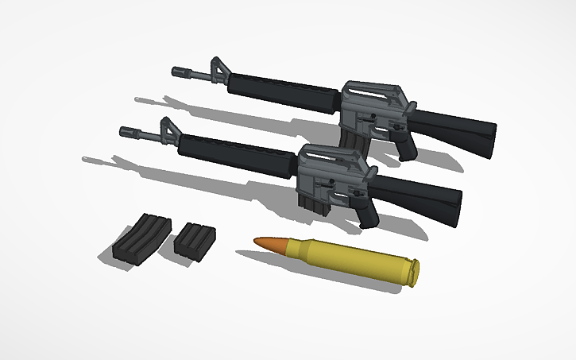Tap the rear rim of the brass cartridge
coord(413,273)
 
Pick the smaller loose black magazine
coord(193,239)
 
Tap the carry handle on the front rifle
coord(334,154)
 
